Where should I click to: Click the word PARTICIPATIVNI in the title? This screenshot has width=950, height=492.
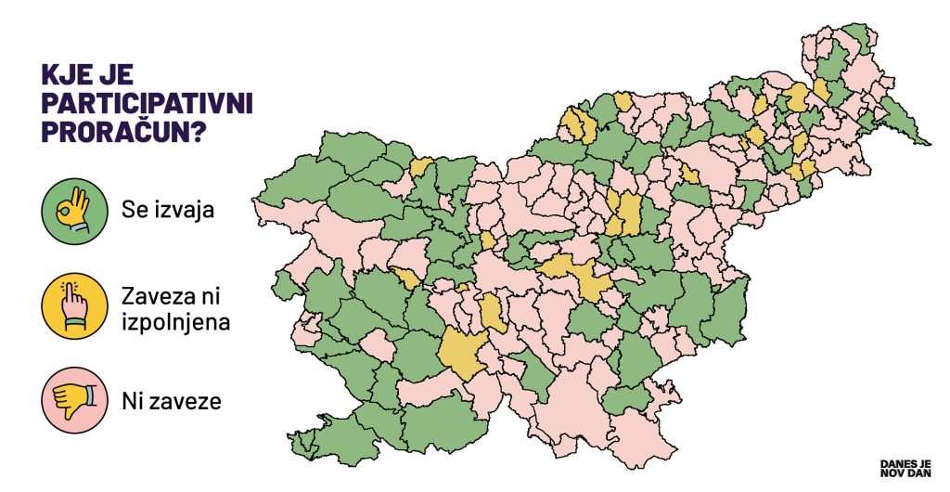click(148, 103)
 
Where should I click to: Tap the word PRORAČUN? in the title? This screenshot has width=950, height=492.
click(123, 132)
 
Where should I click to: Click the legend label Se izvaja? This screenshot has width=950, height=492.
click(167, 210)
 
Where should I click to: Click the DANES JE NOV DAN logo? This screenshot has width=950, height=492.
click(904, 468)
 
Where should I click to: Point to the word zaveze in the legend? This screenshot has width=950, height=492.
click(186, 402)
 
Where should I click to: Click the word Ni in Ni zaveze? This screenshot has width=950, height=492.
click(131, 402)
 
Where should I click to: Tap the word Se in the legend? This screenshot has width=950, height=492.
click(134, 210)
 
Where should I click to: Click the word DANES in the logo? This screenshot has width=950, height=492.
click(894, 462)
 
